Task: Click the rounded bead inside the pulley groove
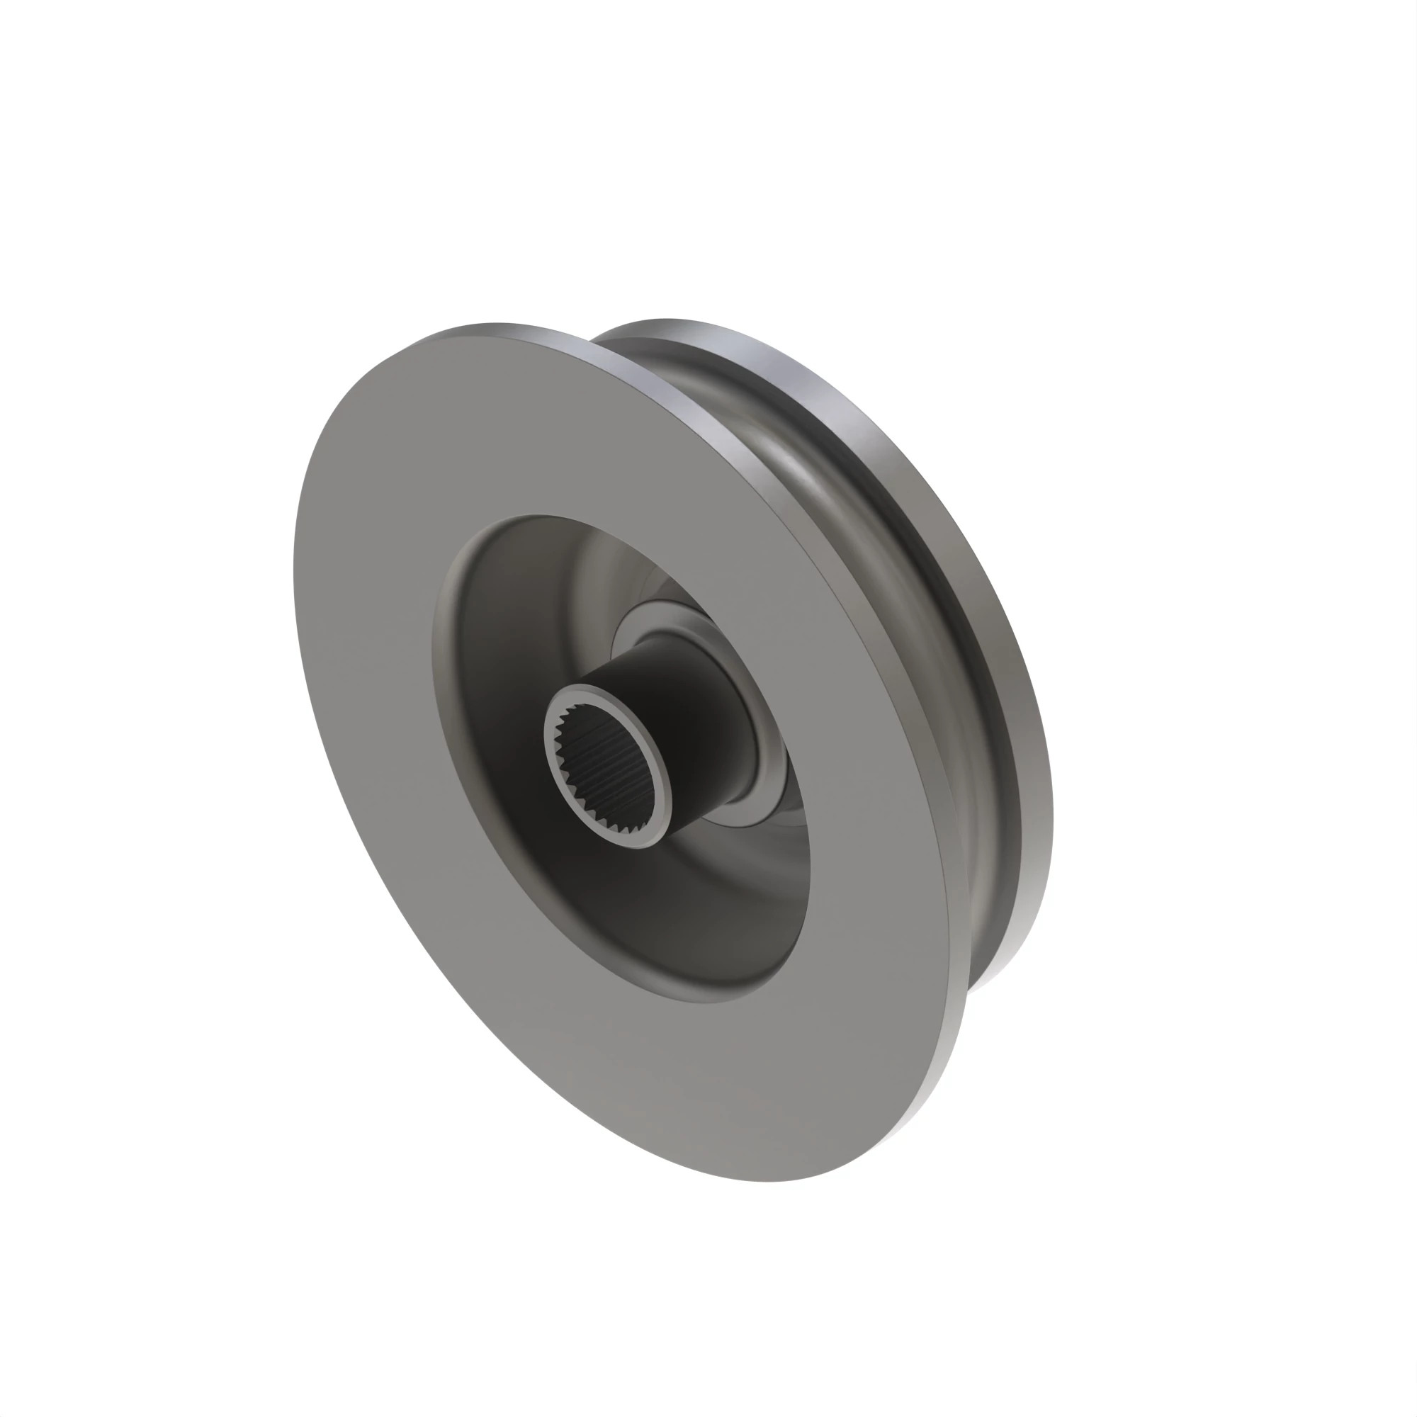coord(880,514)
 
